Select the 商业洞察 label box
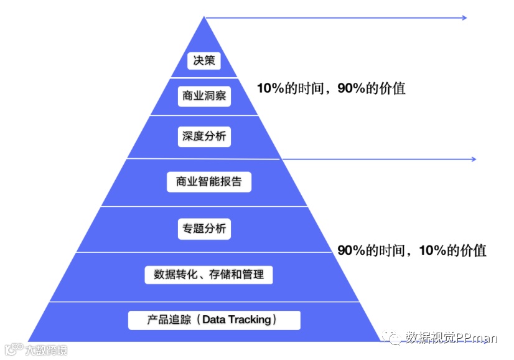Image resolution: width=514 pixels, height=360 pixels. (204, 97)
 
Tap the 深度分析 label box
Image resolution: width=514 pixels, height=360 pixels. (204, 136)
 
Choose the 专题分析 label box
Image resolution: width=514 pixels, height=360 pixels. (204, 229)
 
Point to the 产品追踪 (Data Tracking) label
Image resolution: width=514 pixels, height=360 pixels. (214, 320)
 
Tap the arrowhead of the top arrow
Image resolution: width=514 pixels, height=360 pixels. (464, 18)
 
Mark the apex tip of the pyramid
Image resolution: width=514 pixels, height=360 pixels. (204, 17)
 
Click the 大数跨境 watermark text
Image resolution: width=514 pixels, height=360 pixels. (46, 350)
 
